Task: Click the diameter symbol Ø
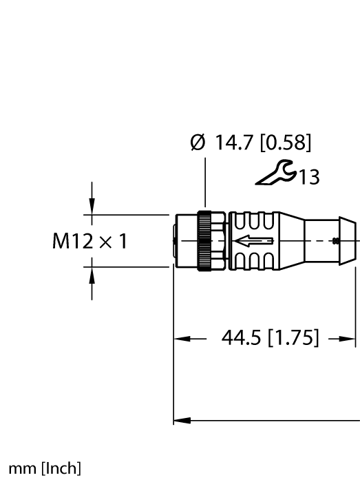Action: coord(198,144)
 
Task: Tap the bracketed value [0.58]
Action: coord(286,144)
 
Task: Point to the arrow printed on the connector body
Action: coord(255,241)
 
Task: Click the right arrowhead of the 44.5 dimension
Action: coord(350,339)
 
